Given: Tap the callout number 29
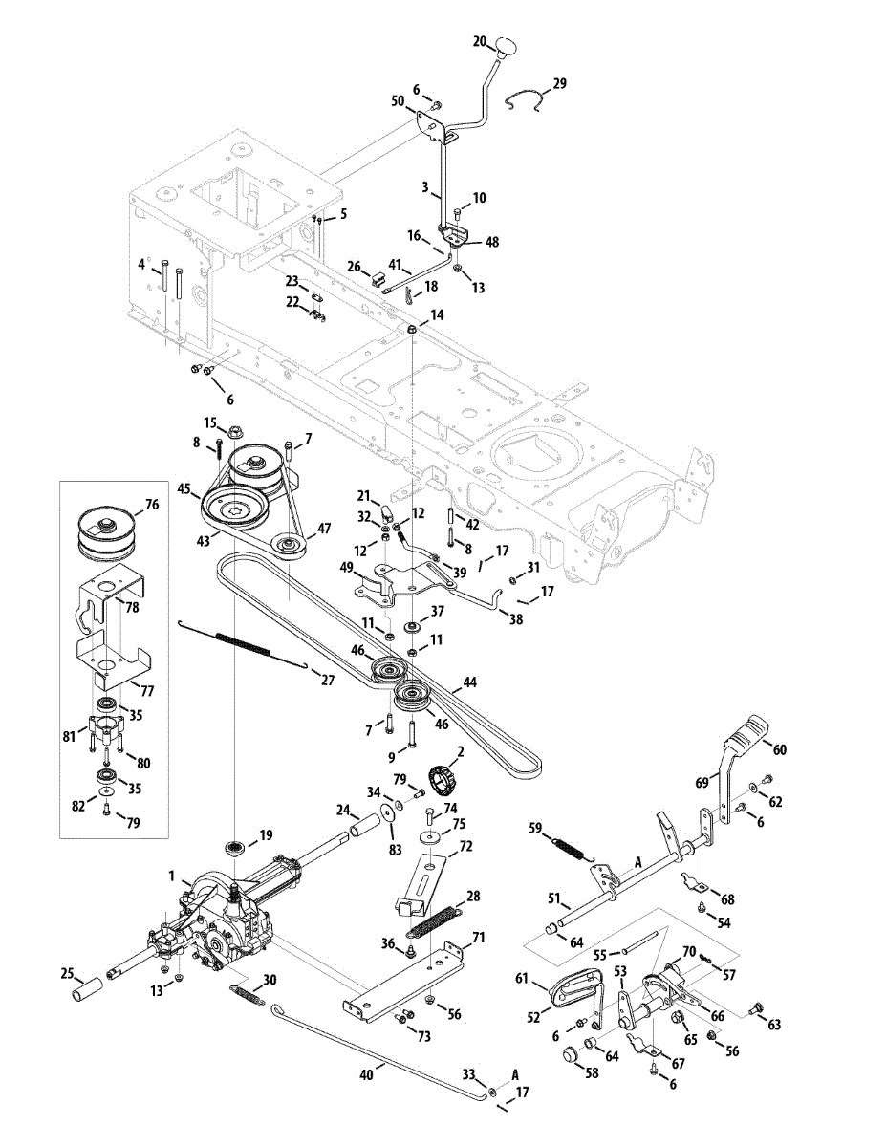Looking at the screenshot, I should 559,84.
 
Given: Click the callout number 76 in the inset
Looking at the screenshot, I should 151,505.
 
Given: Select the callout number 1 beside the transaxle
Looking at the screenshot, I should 171,876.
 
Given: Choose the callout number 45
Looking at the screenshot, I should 184,488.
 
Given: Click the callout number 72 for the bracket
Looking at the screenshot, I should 466,847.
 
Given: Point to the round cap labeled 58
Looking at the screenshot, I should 571,1055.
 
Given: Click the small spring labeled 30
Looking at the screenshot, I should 245,994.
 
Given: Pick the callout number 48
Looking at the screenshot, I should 491,242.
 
